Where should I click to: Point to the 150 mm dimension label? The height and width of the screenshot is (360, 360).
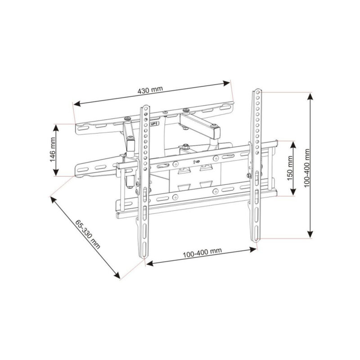[x=290, y=169]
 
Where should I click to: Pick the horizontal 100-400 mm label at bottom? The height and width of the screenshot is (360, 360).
[x=202, y=252]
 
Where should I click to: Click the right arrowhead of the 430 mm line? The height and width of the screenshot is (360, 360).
[x=227, y=82]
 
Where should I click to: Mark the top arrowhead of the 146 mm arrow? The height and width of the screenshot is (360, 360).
[x=56, y=127]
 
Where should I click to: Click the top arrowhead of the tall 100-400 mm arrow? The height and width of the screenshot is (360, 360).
[x=310, y=96]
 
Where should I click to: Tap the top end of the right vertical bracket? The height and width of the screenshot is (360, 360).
[x=257, y=90]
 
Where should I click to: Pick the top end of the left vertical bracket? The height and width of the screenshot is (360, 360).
[x=146, y=108]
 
